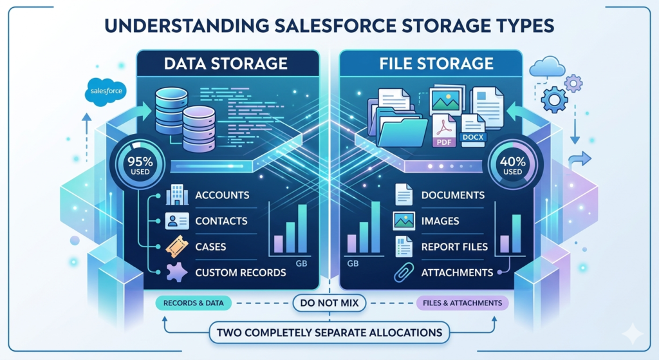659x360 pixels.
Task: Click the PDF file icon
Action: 444,131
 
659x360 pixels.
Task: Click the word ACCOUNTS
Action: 222,195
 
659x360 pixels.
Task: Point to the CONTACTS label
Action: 221,221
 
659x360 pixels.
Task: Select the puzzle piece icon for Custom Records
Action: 176,272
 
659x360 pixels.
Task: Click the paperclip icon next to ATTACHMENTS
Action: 403,272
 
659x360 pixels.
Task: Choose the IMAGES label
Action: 440,221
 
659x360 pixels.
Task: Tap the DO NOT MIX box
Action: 329,302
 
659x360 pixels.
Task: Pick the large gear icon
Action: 554,100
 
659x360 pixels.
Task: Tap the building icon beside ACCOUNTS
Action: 176,195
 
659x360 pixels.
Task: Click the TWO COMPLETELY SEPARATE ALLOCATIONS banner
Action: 329,332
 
